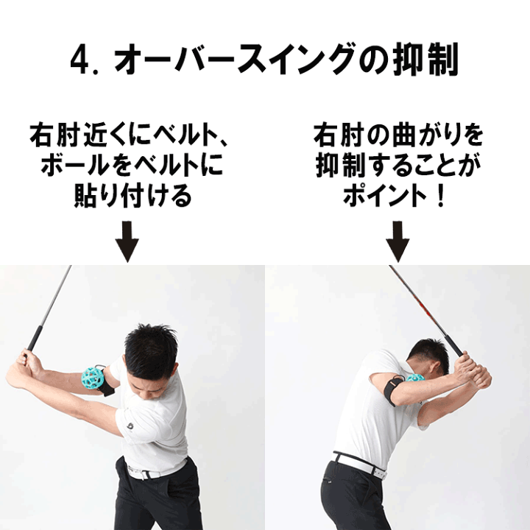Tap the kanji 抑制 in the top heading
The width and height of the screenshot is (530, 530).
coord(425,59)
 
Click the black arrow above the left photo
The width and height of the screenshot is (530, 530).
coord(127,241)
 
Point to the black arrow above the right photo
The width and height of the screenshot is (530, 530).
coord(397,241)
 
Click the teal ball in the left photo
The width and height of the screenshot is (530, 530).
coord(93,378)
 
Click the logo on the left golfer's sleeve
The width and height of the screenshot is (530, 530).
coord(130,426)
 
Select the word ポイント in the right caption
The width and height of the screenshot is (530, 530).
coord(385,196)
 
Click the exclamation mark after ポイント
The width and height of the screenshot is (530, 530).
coord(440,196)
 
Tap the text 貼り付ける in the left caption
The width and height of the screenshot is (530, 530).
coord(132,196)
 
